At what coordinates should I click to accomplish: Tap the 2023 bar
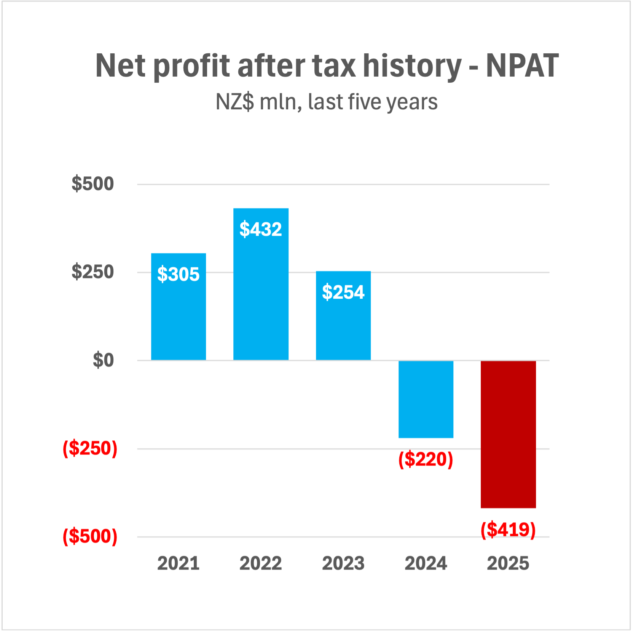pos(343,328)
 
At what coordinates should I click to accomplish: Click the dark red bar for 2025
pos(508,434)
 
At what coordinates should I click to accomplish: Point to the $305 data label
pos(178,274)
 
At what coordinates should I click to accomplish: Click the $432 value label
pos(261,229)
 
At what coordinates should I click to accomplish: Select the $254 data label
pos(343,292)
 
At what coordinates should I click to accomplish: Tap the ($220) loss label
pos(426,459)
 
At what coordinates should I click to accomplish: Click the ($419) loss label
pos(508,530)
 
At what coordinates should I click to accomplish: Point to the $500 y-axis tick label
pos(92,184)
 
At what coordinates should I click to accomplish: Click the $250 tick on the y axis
pos(92,272)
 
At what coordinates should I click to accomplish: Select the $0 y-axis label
pos(103,360)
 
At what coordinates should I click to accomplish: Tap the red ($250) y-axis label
pos(90,448)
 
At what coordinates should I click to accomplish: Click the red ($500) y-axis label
pos(90,536)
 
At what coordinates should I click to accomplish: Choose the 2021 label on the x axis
pos(178,563)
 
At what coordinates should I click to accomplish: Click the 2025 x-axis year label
pos(508,563)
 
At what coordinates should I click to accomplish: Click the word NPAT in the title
pos(522,66)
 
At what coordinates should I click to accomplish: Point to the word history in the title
pos(412,66)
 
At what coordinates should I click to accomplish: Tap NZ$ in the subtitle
pos(234,102)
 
